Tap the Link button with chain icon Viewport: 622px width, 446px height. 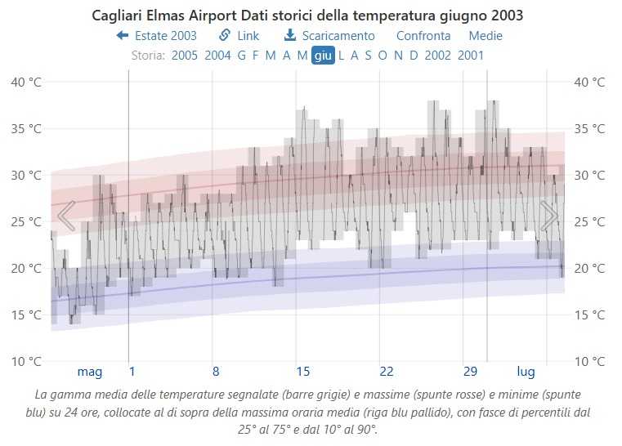click(x=239, y=36)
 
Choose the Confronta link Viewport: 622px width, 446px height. click(x=423, y=36)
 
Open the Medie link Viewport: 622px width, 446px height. click(x=486, y=36)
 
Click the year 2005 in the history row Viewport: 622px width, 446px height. click(x=185, y=56)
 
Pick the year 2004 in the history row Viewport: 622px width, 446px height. click(x=217, y=56)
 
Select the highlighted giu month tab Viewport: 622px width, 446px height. click(x=323, y=56)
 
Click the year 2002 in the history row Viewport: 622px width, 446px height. click(x=438, y=56)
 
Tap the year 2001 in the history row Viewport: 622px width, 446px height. click(x=471, y=56)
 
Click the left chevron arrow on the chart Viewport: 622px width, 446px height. click(x=66, y=216)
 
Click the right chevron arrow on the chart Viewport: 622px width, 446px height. click(x=549, y=216)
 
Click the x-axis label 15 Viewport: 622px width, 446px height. click(x=302, y=372)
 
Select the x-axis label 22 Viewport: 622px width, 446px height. click(x=387, y=372)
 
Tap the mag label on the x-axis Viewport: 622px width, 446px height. click(x=90, y=372)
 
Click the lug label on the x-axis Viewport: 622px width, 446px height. click(x=526, y=372)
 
